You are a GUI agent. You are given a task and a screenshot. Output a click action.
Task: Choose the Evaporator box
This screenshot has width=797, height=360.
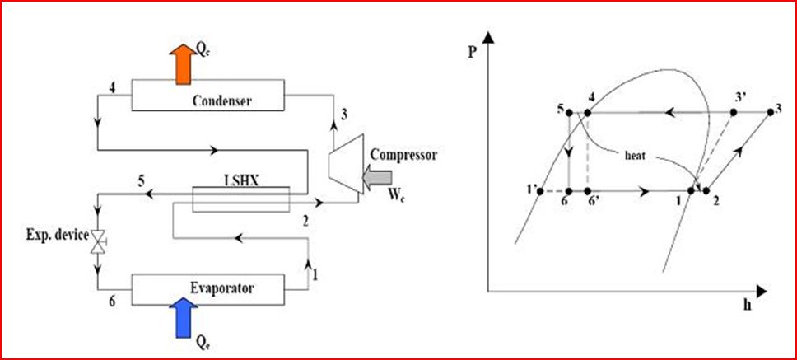click(x=206, y=288)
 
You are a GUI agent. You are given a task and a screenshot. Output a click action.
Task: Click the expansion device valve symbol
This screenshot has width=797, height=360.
click(x=98, y=241)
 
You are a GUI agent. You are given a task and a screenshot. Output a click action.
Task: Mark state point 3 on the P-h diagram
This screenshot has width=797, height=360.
click(x=767, y=111)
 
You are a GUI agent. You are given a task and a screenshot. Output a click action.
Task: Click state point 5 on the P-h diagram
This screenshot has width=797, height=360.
click(x=570, y=111)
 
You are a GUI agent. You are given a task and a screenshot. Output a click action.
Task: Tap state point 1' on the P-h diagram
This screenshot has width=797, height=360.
click(x=538, y=191)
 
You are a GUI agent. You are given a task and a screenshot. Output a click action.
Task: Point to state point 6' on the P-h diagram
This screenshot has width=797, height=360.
click(x=587, y=191)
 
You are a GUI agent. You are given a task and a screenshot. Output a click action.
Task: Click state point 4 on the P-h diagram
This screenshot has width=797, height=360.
click(x=587, y=111)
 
